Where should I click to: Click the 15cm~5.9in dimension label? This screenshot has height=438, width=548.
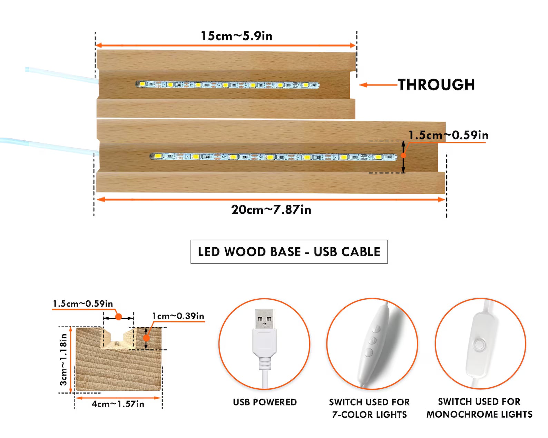[x=237, y=36]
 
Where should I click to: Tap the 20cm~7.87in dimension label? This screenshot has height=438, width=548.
[x=271, y=210]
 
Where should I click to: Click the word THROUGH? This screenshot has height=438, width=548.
[x=436, y=85]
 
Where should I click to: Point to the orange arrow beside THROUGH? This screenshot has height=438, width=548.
[x=378, y=85]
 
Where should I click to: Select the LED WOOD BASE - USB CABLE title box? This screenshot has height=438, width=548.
[x=289, y=251]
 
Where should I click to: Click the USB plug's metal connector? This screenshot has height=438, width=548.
[x=265, y=319]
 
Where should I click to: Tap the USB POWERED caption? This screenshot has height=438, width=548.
[x=265, y=402]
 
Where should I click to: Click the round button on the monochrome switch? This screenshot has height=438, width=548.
[x=479, y=345]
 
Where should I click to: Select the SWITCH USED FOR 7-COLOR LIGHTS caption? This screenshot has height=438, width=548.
[x=370, y=408]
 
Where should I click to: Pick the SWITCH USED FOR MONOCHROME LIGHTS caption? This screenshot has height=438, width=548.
[x=480, y=408]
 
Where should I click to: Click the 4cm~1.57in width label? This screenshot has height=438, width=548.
[x=118, y=404]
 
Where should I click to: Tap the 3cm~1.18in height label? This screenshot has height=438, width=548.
[x=63, y=360]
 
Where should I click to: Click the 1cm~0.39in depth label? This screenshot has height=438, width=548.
[x=178, y=316]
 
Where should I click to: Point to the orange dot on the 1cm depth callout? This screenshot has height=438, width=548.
[x=146, y=338]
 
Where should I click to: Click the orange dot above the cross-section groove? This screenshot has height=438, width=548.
[x=118, y=317]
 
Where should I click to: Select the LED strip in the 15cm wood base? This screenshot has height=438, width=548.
[x=227, y=84]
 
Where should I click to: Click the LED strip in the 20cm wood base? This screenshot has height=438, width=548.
[x=273, y=157]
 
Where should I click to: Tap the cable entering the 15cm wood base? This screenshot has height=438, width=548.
[x=62, y=75]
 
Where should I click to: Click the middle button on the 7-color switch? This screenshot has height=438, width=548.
[x=372, y=340]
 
